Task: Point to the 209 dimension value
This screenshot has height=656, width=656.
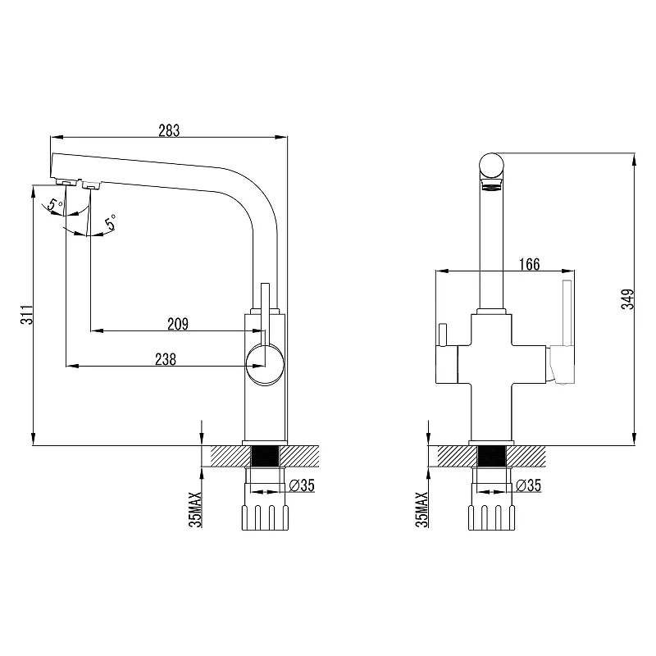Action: (177, 324)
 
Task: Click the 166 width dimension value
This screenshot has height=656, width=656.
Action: (529, 264)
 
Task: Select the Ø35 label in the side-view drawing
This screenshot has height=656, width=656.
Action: (301, 485)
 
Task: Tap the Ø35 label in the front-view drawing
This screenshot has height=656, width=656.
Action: (529, 485)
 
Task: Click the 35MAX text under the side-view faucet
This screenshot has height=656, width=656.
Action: (194, 508)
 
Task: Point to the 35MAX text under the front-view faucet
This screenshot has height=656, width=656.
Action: (421, 508)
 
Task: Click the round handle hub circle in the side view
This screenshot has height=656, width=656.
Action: (266, 363)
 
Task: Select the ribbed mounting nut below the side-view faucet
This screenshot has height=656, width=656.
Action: (265, 517)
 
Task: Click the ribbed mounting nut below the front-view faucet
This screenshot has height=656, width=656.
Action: (491, 517)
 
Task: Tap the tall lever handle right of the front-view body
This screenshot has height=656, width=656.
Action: (565, 316)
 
